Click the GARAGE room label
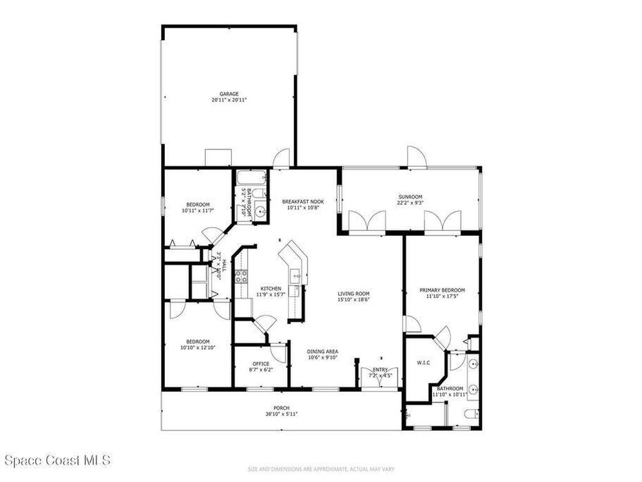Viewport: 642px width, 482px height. click(229, 94)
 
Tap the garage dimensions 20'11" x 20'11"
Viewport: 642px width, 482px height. click(229, 100)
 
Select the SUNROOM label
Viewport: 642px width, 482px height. click(411, 196)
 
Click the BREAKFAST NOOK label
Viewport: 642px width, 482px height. click(302, 201)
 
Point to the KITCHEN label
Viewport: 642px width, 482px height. click(271, 288)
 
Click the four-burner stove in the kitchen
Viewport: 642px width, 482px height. click(240, 276)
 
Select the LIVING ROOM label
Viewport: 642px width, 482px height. click(354, 294)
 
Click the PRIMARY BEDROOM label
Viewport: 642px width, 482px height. click(442, 290)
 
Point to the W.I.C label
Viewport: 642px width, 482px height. click(423, 362)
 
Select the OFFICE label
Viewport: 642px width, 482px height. click(261, 364)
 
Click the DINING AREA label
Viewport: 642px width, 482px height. click(323, 351)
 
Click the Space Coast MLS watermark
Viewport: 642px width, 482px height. click(57, 461)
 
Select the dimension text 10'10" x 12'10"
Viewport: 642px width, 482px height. click(198, 347)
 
